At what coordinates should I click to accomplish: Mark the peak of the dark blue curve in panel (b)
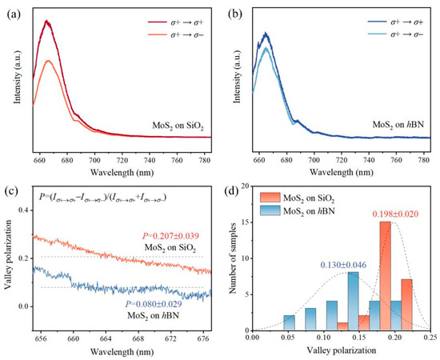pyautogui.click(x=266, y=34)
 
